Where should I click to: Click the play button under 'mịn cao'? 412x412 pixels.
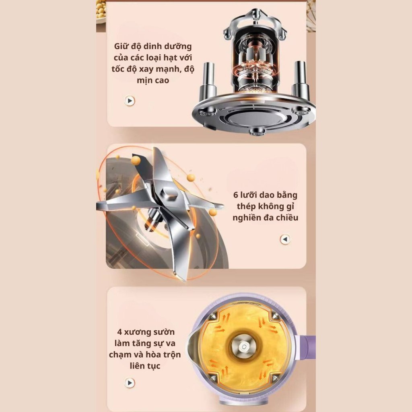coord(129,101)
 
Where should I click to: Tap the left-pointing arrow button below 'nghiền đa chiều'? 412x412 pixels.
coord(285,239)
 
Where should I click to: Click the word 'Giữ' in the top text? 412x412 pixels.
coord(121,46)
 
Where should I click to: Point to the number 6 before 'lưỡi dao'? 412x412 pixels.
coord(236,195)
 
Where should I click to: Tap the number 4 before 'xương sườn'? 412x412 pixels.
coord(119,332)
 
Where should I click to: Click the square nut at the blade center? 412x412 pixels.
coord(169,194)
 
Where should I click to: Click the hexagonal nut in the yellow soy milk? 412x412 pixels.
coord(243,347)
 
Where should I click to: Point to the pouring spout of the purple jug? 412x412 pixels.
coord(193,347)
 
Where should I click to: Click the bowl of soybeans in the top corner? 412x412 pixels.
coord(101,12)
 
